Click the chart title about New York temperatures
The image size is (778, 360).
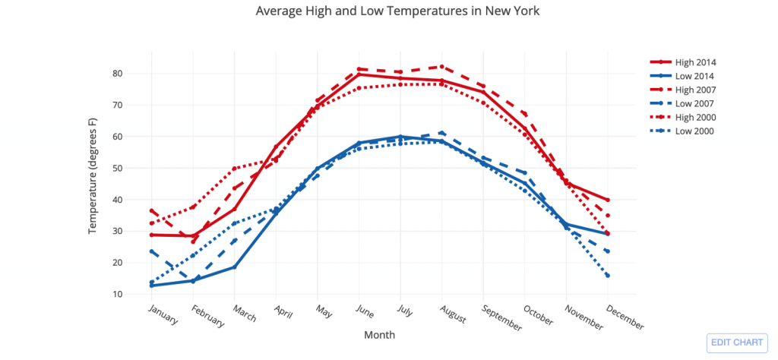(x=397, y=11)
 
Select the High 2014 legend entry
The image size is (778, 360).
(x=696, y=62)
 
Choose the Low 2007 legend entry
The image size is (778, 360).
(x=695, y=103)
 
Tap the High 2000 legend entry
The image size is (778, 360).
(x=696, y=117)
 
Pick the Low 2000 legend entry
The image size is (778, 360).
(x=695, y=131)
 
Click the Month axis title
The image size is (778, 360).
(x=379, y=335)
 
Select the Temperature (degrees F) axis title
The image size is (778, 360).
(x=93, y=175)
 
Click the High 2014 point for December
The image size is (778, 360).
(x=608, y=200)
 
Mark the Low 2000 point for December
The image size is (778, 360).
(x=608, y=276)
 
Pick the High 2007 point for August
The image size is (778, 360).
(x=441, y=67)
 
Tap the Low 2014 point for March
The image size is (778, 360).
(x=235, y=267)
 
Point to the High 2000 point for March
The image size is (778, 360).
(x=235, y=169)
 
